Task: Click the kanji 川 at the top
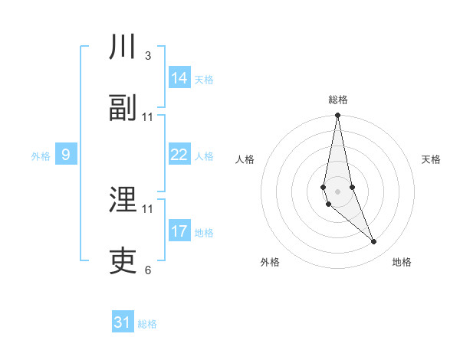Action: click(x=123, y=47)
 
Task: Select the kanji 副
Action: click(x=123, y=109)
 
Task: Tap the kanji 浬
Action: click(x=123, y=201)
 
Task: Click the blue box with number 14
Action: click(x=179, y=78)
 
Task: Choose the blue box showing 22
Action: click(x=179, y=155)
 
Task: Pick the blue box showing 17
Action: click(x=179, y=231)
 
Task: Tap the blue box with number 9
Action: click(x=66, y=155)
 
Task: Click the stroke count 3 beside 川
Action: click(x=148, y=56)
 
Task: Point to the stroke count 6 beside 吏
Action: click(x=148, y=270)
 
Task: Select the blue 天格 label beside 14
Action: click(x=204, y=80)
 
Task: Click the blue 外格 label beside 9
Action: click(x=41, y=156)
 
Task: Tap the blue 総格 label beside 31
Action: click(x=147, y=324)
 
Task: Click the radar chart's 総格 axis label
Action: click(x=338, y=100)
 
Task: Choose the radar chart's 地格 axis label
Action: click(x=402, y=263)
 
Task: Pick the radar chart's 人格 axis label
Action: click(x=245, y=160)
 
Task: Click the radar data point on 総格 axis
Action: click(x=337, y=116)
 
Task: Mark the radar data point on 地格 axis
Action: click(x=374, y=242)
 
